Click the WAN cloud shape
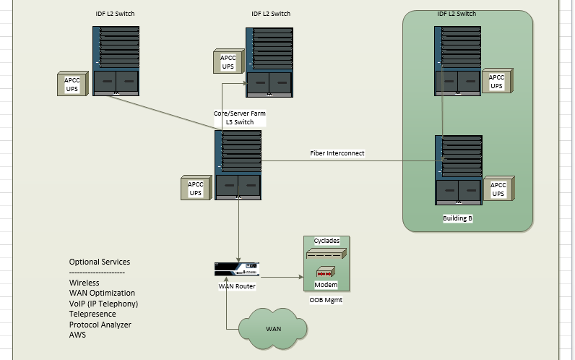[x=273, y=329]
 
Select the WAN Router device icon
[x=237, y=269]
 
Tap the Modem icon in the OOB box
[x=325, y=274]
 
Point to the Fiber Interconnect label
[x=337, y=153]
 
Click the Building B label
[x=457, y=218]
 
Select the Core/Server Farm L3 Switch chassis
[x=238, y=165]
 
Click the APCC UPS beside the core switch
[x=196, y=189]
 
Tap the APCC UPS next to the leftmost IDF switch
[x=72, y=83]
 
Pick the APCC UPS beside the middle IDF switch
[x=228, y=61]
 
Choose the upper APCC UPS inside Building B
[x=497, y=81]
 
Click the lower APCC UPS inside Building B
[x=498, y=189]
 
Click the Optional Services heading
[x=100, y=262]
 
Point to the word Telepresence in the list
[x=93, y=314]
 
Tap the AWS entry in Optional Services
[x=77, y=335]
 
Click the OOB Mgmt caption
[x=327, y=300]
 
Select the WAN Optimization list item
[x=102, y=293]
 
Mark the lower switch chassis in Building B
[x=459, y=171]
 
